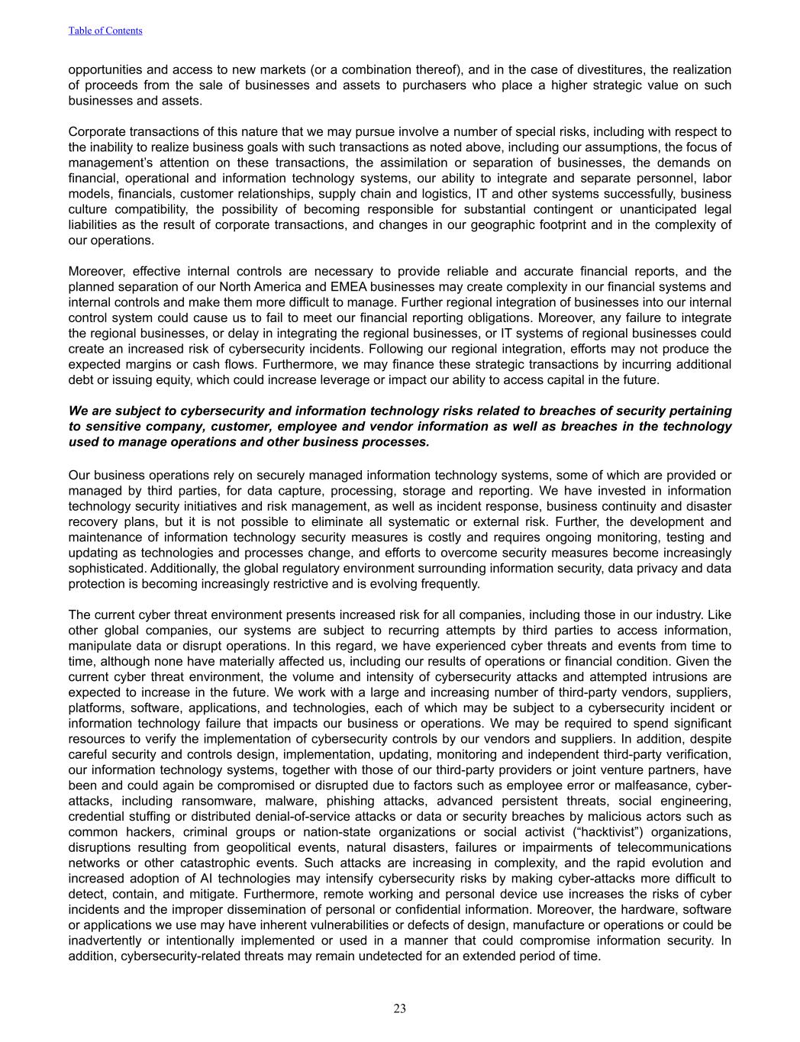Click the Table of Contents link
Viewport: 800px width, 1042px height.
click(x=105, y=31)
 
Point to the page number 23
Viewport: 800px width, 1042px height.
click(x=400, y=1008)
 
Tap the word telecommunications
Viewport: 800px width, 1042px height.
click(x=674, y=847)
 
